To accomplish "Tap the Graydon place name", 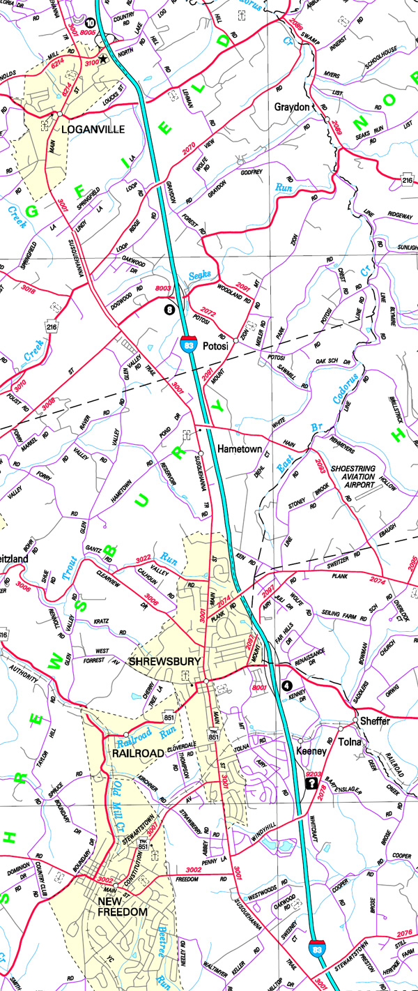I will (291, 107).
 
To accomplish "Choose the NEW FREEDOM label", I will (122, 906).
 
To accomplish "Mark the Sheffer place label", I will (374, 721).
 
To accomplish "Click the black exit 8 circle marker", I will (169, 308).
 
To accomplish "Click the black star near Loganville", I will (104, 60).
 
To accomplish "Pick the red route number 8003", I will (162, 289).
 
